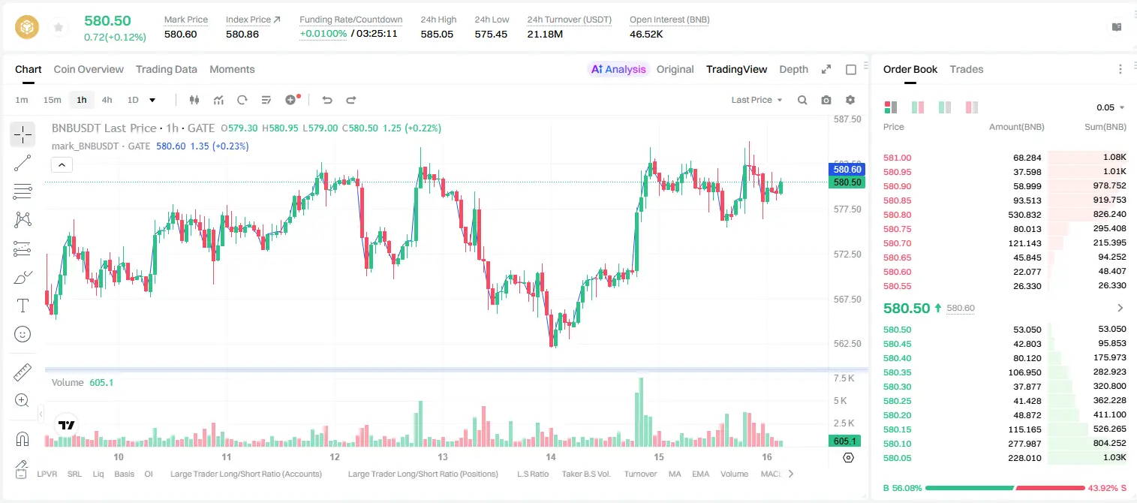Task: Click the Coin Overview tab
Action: [x=89, y=69]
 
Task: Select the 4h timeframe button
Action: [x=107, y=100]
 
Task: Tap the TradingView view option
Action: [x=736, y=69]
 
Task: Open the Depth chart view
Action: [x=793, y=69]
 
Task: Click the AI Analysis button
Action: [x=618, y=69]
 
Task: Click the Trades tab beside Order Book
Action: [x=967, y=69]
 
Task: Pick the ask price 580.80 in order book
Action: [x=897, y=215]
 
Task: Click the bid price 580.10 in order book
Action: [x=897, y=444]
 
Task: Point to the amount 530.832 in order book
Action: [x=1024, y=215]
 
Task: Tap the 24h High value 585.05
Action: [x=437, y=34]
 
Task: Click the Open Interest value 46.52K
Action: [x=646, y=34]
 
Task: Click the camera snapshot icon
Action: [x=826, y=100]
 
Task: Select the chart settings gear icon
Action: [x=850, y=100]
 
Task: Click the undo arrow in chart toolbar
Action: [x=327, y=100]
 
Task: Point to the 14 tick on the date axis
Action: [x=551, y=456]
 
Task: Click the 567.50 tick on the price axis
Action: [x=847, y=300]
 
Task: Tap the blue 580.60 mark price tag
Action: [x=847, y=170]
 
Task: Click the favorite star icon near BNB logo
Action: [x=59, y=27]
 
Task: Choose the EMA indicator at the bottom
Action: [x=700, y=474]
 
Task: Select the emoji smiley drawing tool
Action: [x=23, y=334]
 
